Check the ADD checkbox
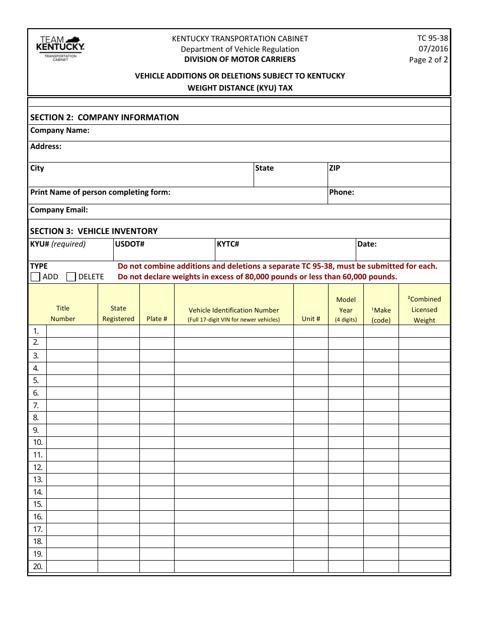click(35, 277)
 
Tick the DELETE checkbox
click(71, 277)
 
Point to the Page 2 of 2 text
click(428, 59)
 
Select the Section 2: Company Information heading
click(105, 117)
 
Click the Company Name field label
click(60, 130)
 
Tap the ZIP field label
click(335, 168)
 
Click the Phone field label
click(342, 192)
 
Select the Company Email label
click(59, 210)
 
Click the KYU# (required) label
click(58, 244)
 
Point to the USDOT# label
click(130, 244)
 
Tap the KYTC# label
click(228, 244)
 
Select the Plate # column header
click(157, 319)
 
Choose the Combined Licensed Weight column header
click(424, 309)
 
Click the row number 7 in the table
click(36, 405)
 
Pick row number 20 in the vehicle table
click(38, 567)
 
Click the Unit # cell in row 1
click(310, 331)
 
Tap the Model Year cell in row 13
click(346, 480)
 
